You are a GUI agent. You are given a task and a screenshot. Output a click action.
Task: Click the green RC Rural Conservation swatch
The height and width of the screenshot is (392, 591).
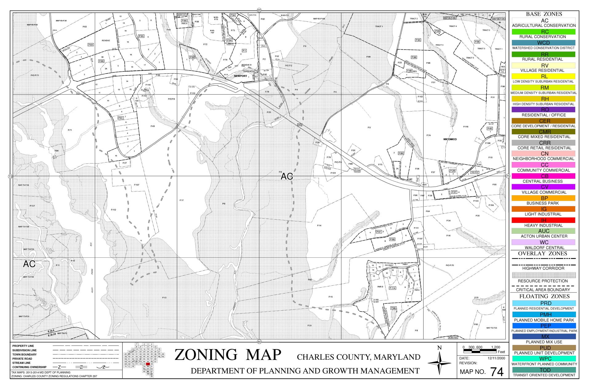543,32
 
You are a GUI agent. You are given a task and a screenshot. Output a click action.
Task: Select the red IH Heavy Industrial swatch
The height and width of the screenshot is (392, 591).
543,220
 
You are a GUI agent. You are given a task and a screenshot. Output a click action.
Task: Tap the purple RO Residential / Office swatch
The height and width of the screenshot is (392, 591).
543,110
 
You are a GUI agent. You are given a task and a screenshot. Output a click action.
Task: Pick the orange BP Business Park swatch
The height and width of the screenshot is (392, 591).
543,198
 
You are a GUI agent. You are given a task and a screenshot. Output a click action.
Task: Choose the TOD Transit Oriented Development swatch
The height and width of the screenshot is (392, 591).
543,370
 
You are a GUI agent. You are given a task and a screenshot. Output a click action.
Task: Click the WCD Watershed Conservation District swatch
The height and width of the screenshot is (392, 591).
543,43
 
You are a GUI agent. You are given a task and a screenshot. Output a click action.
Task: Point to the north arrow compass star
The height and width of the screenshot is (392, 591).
439,363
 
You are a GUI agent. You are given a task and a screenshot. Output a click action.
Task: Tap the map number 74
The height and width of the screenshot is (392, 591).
497,372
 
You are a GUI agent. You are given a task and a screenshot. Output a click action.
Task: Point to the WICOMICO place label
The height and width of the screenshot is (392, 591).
450,139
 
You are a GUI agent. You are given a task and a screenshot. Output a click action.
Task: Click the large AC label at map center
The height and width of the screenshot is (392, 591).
287,176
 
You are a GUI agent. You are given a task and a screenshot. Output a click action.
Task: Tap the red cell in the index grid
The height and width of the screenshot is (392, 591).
148,364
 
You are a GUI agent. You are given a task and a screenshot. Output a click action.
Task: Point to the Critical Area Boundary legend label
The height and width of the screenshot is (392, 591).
543,290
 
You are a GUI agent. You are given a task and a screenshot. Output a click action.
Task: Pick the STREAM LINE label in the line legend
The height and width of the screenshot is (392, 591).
21,363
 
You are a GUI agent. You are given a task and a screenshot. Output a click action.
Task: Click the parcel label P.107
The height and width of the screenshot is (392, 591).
137,185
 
